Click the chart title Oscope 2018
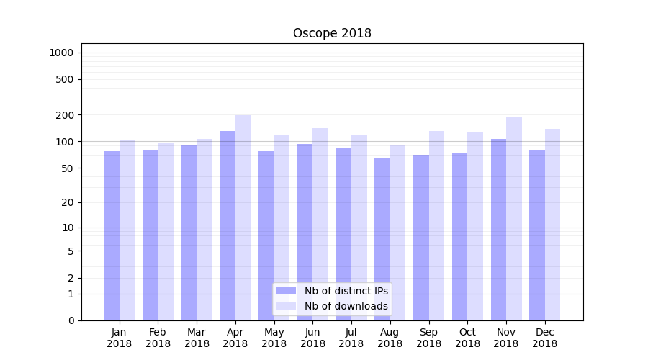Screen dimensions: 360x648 point(332,33)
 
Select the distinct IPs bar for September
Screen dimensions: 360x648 point(421,238)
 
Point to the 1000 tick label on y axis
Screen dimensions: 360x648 point(61,53)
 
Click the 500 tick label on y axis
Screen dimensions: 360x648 point(64,79)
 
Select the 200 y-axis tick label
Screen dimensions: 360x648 point(64,115)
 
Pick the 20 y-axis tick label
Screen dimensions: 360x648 point(67,202)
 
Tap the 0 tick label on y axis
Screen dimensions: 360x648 point(71,320)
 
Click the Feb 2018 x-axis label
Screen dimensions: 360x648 point(158,338)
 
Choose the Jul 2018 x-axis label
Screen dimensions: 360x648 point(351,338)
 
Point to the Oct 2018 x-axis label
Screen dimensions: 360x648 point(467,338)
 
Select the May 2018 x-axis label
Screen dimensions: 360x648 point(274,338)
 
